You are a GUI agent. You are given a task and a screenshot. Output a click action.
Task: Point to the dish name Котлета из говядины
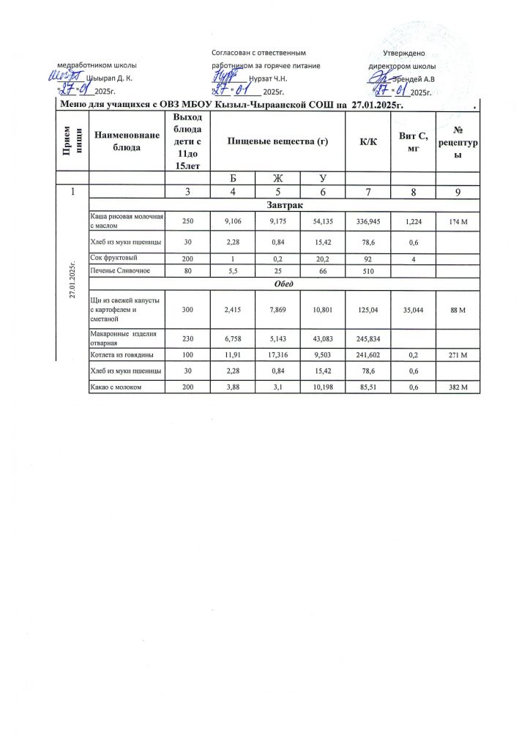tap(121, 354)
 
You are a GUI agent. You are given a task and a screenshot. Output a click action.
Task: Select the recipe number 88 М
tap(458, 311)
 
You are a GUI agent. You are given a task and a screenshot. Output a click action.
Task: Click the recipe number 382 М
tap(458, 386)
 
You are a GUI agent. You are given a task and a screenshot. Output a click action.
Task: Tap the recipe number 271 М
tap(458, 354)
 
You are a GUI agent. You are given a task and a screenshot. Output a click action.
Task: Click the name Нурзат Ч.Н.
tap(268, 78)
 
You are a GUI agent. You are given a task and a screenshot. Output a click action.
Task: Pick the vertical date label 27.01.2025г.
tap(72, 278)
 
